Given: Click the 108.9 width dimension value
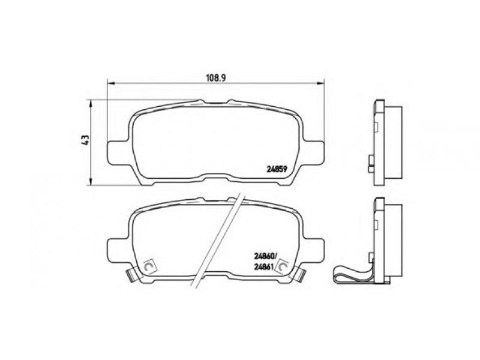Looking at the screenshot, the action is tap(216, 78).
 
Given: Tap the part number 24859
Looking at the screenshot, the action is tap(277, 169).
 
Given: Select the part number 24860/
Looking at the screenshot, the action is tap(265, 254).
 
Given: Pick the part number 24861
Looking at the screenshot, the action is tap(263, 266).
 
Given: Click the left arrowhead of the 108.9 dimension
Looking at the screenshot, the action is tap(111, 83).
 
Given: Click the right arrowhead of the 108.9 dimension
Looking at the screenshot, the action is tap(320, 83).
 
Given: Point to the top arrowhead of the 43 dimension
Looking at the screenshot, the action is tap(91, 104).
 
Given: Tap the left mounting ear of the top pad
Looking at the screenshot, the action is tap(117, 153).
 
